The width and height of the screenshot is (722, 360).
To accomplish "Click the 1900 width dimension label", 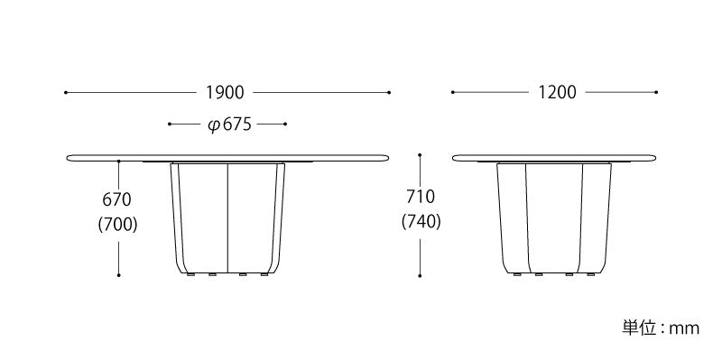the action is point(225,93).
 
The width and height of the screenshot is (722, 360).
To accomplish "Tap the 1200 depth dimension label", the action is point(557,93).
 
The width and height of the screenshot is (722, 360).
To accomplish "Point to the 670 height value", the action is point(117,199).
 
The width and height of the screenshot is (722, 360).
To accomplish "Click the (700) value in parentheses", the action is point(118,225).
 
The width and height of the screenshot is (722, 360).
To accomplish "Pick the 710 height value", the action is point(421,197).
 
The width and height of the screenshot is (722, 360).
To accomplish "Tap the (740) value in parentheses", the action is point(421,222).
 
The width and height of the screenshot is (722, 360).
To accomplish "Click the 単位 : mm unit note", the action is point(661,328).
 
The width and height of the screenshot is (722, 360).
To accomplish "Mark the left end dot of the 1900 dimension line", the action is point(66,93).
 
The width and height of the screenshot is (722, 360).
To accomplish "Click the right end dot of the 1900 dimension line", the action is point(389,93).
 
